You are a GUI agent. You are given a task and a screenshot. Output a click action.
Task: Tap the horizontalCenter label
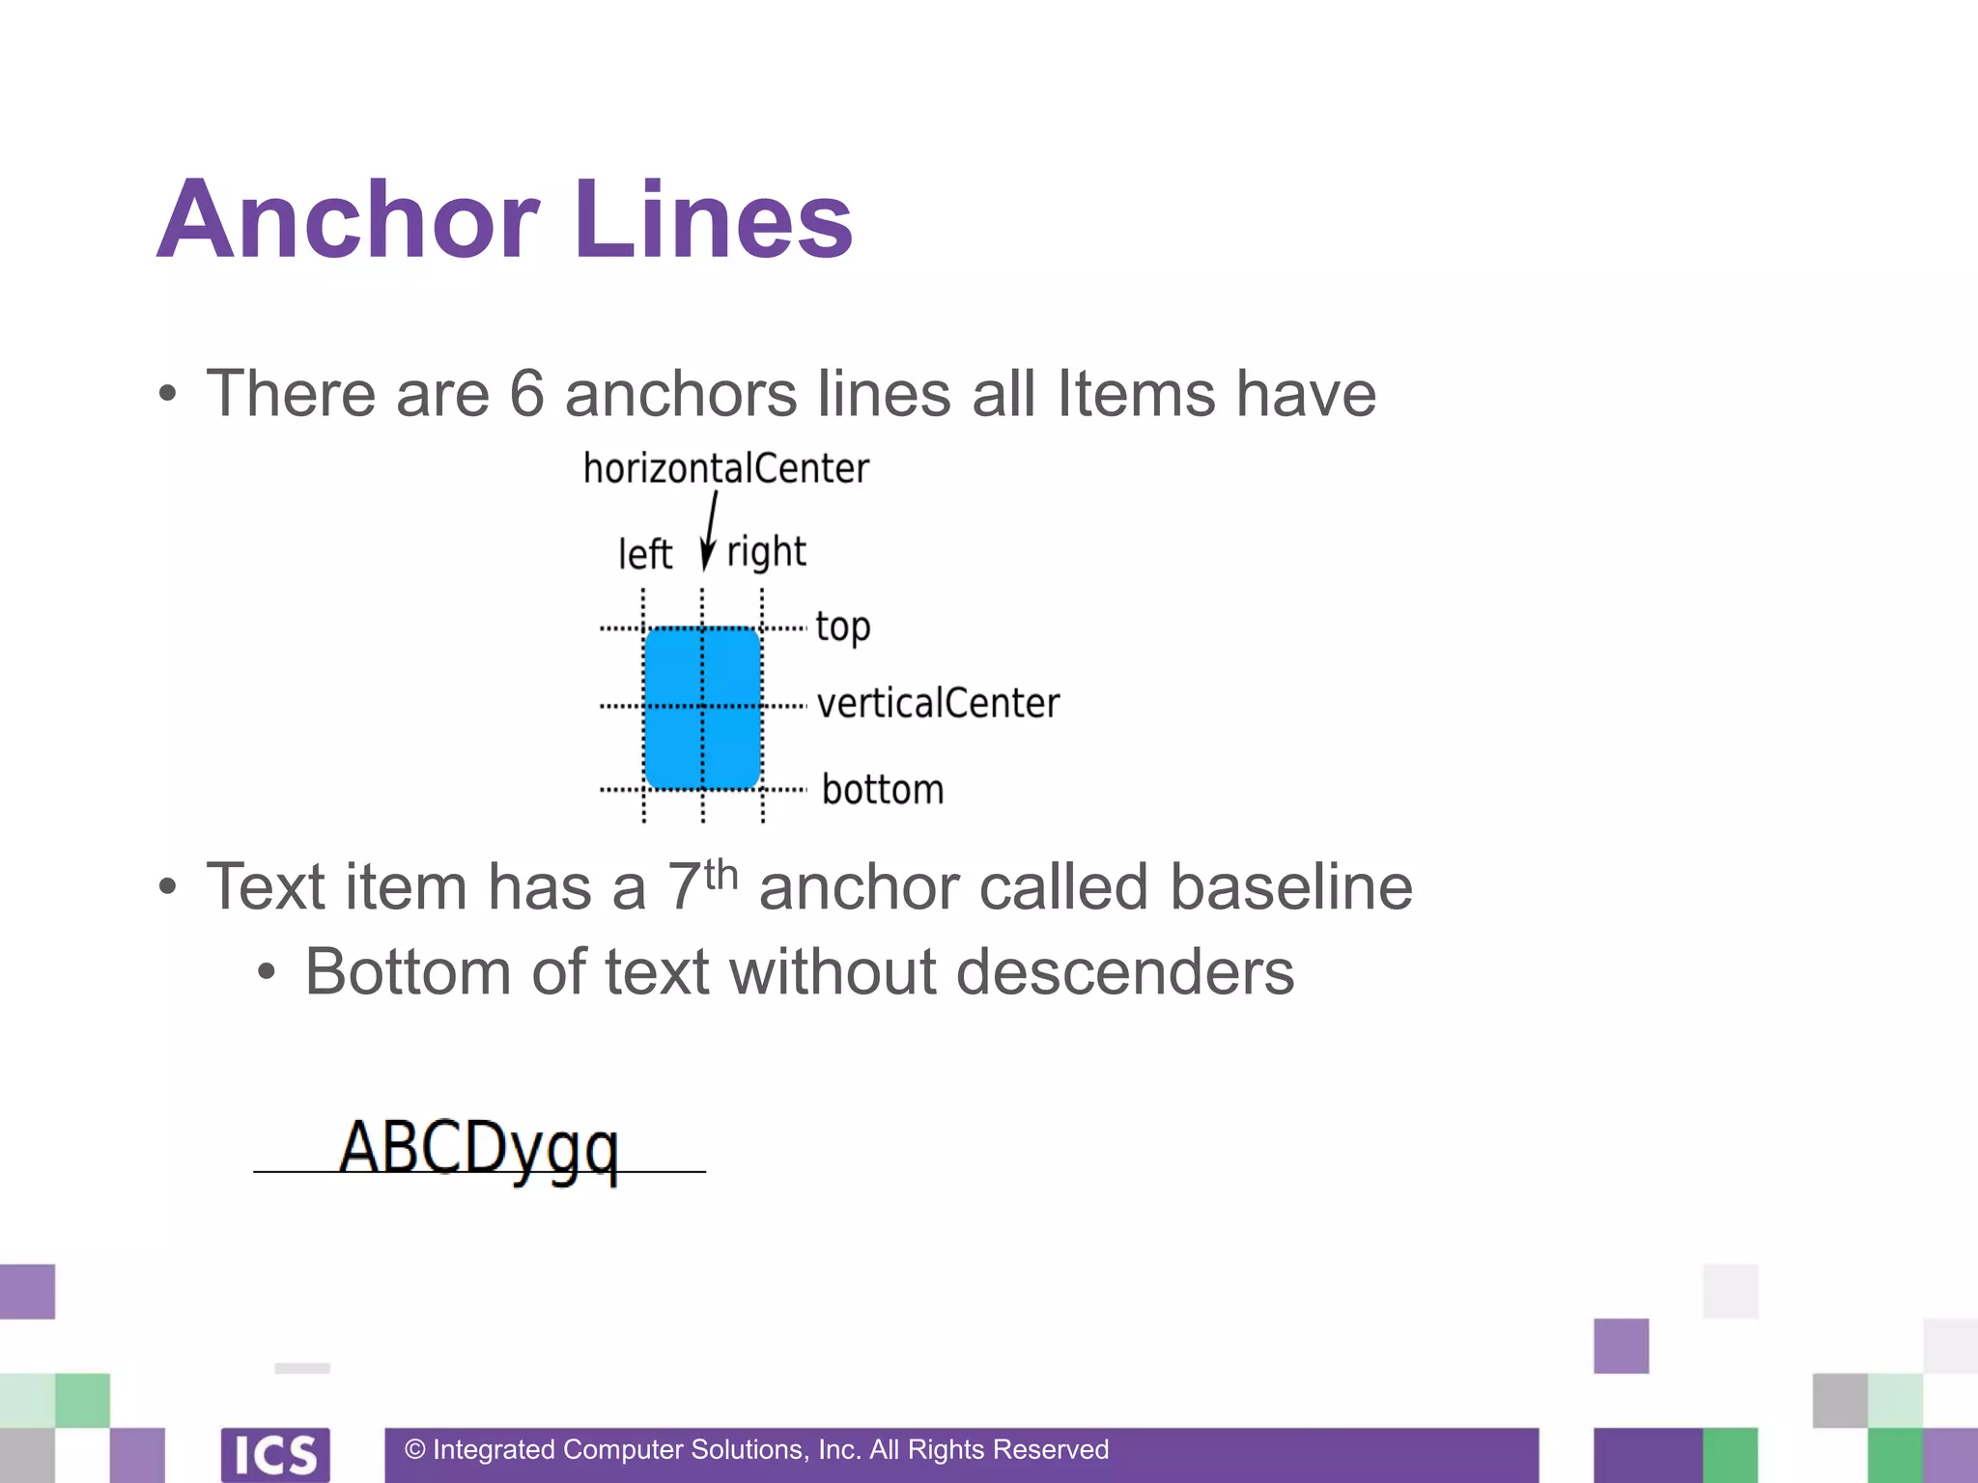725,468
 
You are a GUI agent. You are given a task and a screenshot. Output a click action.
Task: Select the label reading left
644,554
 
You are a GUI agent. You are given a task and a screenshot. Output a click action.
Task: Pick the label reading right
766,552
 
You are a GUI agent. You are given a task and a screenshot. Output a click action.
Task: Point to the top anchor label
842,628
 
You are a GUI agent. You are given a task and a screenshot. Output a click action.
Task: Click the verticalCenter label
938,703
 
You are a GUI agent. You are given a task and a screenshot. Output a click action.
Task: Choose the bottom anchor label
882,790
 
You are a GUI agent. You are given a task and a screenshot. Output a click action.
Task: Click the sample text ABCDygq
478,1149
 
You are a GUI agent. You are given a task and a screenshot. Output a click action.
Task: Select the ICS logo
275,1454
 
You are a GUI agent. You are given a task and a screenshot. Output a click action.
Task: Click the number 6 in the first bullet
526,394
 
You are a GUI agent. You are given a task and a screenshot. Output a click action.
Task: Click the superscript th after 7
721,874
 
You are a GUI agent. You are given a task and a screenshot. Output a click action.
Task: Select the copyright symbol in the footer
415,1449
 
